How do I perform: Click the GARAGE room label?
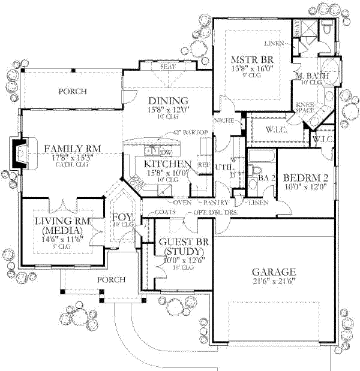(274, 271)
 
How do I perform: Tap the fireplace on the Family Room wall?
(19, 154)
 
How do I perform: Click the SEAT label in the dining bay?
(167, 67)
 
